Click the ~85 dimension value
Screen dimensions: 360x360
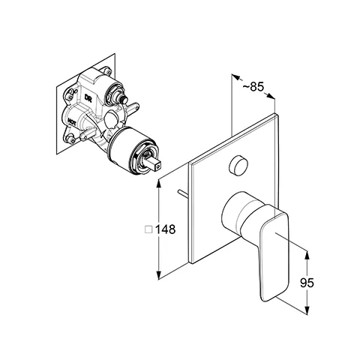point(253,86)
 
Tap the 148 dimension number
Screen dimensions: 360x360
point(165,229)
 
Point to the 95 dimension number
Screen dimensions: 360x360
point(307,283)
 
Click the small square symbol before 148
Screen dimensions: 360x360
point(148,229)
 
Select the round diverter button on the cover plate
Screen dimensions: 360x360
point(238,165)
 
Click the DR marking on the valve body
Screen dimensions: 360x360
point(88,98)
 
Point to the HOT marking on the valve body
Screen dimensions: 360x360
point(72,121)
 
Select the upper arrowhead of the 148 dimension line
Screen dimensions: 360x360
point(159,183)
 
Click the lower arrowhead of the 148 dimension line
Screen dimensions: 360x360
point(159,275)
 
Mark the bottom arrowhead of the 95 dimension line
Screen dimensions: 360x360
point(307,310)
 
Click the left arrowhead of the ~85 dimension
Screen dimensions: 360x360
point(235,76)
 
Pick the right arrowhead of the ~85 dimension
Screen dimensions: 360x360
point(271,96)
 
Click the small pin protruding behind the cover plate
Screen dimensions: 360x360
point(184,193)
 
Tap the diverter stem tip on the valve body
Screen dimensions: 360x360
point(124,100)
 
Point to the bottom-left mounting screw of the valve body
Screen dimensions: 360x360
point(72,139)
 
